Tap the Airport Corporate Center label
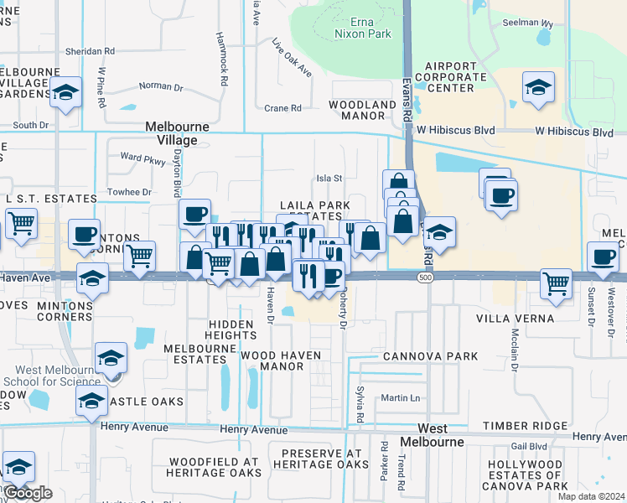click(455, 76)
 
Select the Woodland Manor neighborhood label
click(362, 111)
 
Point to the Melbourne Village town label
click(178, 133)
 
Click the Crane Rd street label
click(282, 108)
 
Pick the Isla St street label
click(329, 178)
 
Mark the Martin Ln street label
click(398, 397)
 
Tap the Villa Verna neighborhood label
click(515, 319)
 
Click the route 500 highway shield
click(427, 277)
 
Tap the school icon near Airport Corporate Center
click(537, 86)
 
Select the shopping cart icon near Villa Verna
click(556, 283)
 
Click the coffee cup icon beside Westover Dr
click(602, 256)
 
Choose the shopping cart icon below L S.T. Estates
click(21, 223)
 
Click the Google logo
click(28, 493)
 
